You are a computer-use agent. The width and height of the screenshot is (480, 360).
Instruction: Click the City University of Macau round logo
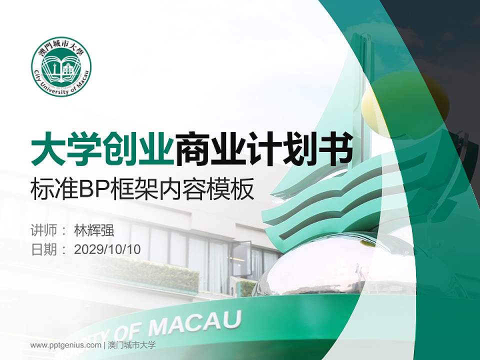(61, 66)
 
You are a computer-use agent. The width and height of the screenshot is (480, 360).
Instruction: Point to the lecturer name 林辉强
(94, 230)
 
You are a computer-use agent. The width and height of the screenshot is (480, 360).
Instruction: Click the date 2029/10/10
(107, 249)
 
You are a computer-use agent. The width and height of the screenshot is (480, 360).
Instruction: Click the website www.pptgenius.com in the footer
(65, 345)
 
